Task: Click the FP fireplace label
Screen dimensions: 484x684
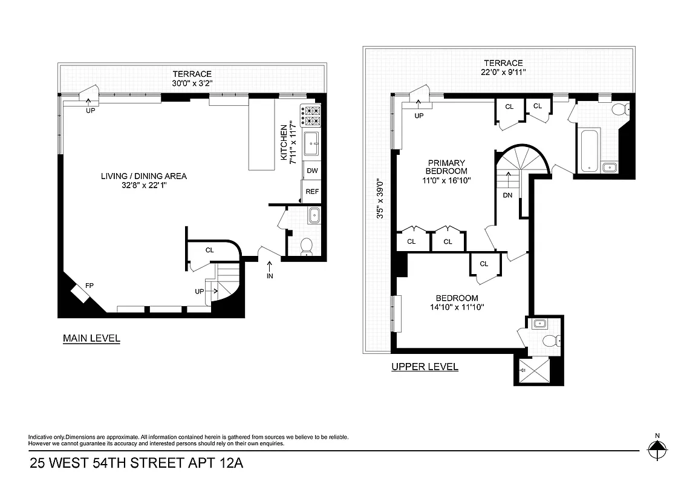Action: [x=89, y=285]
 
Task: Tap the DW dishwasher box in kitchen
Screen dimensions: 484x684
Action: [x=312, y=171]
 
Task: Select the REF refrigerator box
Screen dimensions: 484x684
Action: [x=312, y=191]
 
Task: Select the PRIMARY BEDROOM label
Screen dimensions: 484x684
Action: [x=446, y=167]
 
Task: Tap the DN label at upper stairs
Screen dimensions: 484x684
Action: [x=507, y=195]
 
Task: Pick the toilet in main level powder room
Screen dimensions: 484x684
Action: [x=307, y=245]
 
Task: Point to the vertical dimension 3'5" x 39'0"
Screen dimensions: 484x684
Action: [x=380, y=198]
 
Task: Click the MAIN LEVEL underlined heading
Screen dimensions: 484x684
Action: [x=91, y=338]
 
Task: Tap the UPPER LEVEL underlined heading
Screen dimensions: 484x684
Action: [x=425, y=366]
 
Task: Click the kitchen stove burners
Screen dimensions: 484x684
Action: [x=311, y=115]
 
